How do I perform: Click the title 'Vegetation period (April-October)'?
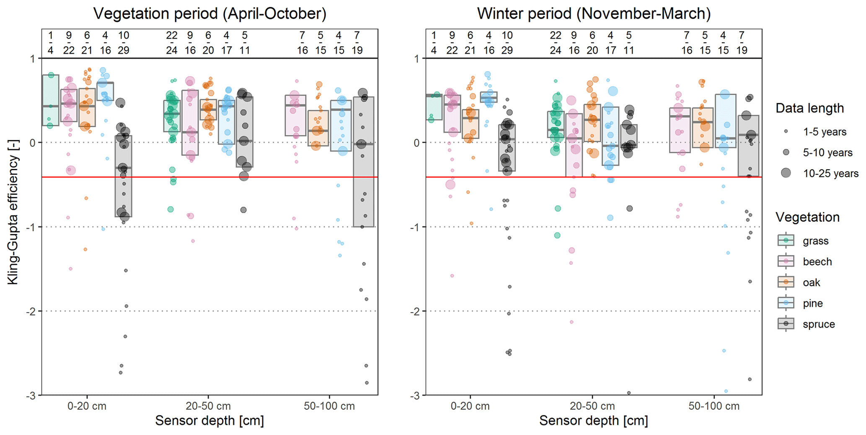coord(209,14)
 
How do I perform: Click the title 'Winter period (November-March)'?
coord(594,14)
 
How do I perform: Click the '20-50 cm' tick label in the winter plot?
coord(592,406)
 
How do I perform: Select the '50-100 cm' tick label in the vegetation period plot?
coord(329,406)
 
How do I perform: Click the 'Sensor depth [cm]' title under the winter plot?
coord(593,421)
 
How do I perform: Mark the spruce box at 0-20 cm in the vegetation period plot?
coord(124,176)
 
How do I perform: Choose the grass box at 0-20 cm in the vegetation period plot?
coord(51,101)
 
